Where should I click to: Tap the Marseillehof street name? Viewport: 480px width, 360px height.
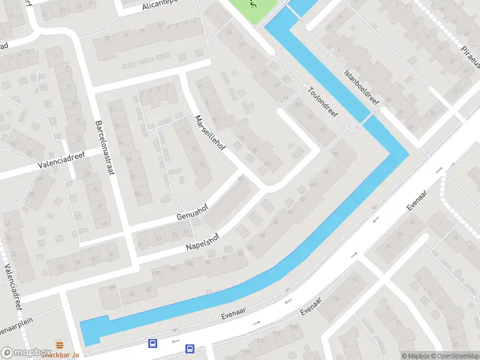pyautogui.click(x=209, y=133)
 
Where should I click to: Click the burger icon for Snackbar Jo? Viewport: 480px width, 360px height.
pyautogui.click(x=59, y=344)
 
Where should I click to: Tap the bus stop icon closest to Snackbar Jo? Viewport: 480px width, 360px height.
pyautogui.click(x=153, y=344)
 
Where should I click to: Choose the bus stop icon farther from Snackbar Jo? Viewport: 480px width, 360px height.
pyautogui.click(x=190, y=348)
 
